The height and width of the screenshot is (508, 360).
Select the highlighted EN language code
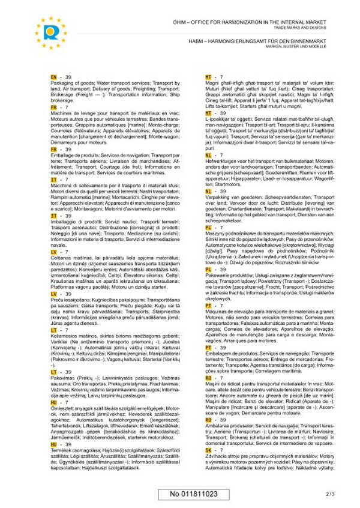54,77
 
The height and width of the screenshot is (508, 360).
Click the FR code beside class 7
54,107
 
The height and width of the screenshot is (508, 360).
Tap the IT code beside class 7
54,179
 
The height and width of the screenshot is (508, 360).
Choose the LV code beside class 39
54,294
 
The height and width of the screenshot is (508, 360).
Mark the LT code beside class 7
54,330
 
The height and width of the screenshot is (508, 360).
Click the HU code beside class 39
54,444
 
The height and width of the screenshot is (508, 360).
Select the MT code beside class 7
209,77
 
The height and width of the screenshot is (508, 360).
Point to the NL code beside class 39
209,191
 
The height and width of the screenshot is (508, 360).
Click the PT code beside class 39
209,347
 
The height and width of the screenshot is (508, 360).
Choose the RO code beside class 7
209,378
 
